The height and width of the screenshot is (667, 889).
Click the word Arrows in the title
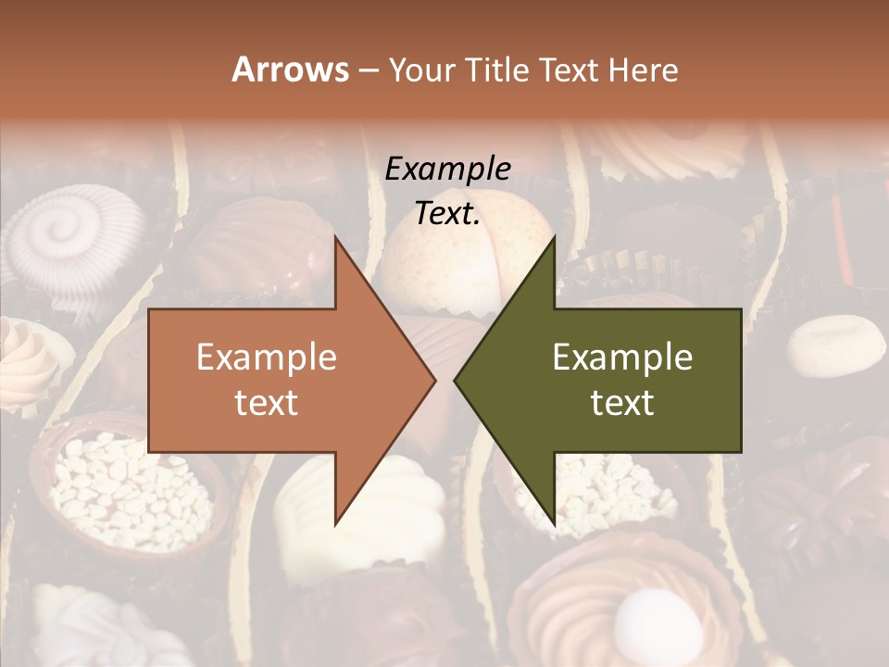tap(290, 69)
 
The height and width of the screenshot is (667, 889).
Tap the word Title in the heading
tap(497, 69)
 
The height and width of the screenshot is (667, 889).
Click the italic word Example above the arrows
tap(447, 170)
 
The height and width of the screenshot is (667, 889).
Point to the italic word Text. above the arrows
tap(447, 214)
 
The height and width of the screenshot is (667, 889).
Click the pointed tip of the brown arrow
tap(434, 380)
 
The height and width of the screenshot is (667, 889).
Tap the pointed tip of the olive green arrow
tap(456, 380)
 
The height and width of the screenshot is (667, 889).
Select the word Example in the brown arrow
tap(266, 358)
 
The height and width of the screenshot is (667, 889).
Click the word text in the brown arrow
tap(266, 402)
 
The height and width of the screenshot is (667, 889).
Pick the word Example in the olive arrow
tap(622, 358)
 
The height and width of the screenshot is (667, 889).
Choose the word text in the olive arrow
tap(622, 402)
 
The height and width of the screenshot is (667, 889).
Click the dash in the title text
tap(368, 70)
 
